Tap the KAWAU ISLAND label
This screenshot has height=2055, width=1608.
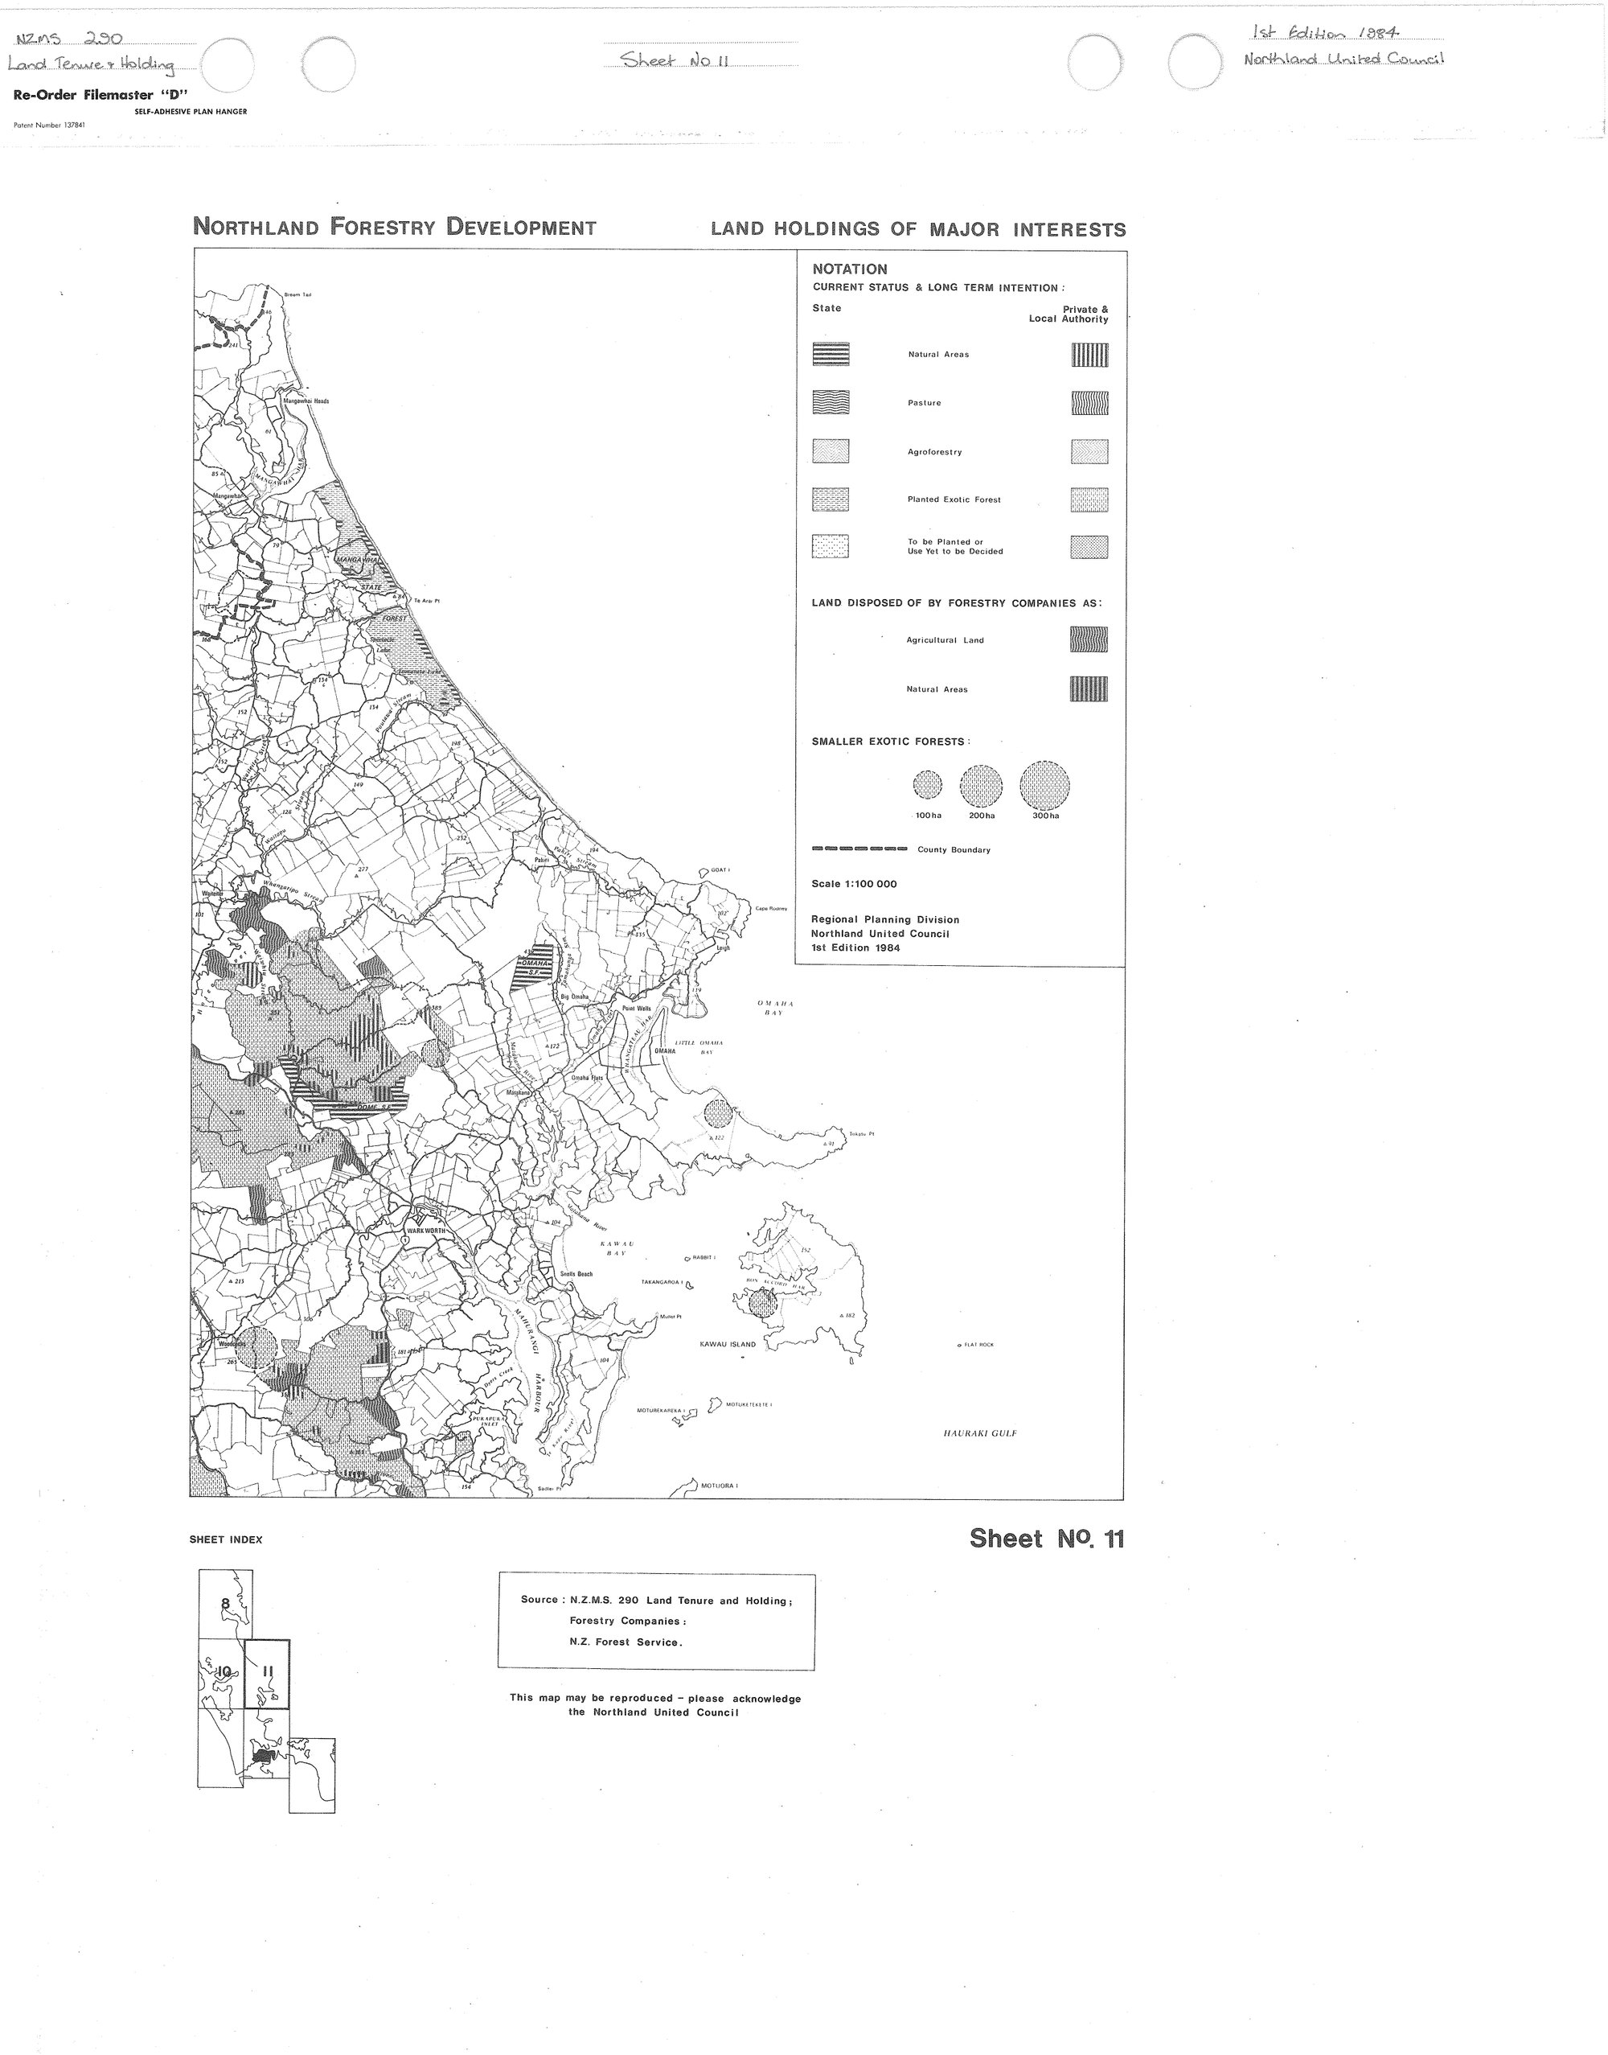728,1344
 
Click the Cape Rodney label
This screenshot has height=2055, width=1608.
771,909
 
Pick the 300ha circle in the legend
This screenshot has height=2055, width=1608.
1045,784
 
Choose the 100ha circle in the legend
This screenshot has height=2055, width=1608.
927,784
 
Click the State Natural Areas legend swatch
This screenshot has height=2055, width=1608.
831,354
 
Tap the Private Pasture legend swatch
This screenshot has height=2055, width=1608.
1089,403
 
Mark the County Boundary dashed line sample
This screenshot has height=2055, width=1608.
859,849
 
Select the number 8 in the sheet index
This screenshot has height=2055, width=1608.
225,1603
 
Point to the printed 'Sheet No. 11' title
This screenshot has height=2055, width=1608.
1047,1538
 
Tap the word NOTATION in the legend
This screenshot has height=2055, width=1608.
849,269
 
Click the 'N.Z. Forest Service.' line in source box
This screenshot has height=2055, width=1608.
626,1642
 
